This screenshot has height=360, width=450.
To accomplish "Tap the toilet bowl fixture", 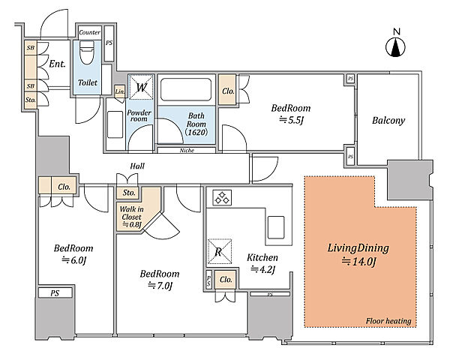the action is tap(86, 52).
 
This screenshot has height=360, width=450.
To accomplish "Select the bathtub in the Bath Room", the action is tap(186, 89).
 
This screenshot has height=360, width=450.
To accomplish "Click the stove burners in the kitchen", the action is tap(222, 198).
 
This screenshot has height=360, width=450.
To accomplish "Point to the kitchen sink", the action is tap(276, 227).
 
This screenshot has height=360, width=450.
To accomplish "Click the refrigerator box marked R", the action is tap(220, 251).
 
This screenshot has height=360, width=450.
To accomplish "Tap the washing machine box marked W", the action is tap(141, 87).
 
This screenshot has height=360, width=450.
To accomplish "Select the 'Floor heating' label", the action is tap(388, 321).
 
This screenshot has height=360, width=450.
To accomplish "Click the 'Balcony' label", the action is tap(388, 120).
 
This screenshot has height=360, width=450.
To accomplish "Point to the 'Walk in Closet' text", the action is tap(131, 213).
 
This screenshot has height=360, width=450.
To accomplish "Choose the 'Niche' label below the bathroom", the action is tap(187, 150).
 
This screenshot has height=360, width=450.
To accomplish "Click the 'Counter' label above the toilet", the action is tap(89, 32).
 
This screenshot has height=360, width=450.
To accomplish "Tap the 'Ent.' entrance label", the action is tap(57, 64).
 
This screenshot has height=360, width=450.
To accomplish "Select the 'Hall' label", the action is tap(137, 166).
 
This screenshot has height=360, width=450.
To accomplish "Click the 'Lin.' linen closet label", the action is tap(120, 91).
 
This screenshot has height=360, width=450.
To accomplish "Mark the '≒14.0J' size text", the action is tap(358, 262).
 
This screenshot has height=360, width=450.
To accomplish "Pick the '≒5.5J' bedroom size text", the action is tap(291, 120).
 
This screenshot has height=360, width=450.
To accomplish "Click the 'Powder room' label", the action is tap(139, 115).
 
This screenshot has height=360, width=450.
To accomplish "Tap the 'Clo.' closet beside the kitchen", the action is tap(226, 279).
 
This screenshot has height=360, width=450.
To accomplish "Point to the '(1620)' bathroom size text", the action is tap(196, 132).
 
